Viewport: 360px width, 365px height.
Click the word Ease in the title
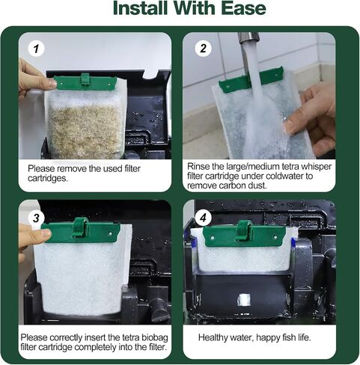click(x=243, y=8)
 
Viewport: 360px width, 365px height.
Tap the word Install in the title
click(x=140, y=8)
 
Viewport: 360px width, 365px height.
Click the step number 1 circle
click(x=36, y=49)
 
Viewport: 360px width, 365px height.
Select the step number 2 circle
click(x=203, y=49)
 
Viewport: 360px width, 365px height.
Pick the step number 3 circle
click(x=36, y=218)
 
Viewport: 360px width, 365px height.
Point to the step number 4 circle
click(x=203, y=218)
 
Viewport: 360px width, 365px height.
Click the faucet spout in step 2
click(x=248, y=38)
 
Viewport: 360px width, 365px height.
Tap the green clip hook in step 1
click(x=85, y=79)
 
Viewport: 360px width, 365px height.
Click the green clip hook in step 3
click(x=80, y=227)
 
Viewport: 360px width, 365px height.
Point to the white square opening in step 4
click(x=243, y=299)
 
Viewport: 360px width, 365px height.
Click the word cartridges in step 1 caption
click(x=48, y=179)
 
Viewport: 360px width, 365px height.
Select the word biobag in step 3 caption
click(x=155, y=337)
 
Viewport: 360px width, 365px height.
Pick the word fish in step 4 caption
click(x=289, y=337)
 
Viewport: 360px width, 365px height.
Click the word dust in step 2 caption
click(x=257, y=185)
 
